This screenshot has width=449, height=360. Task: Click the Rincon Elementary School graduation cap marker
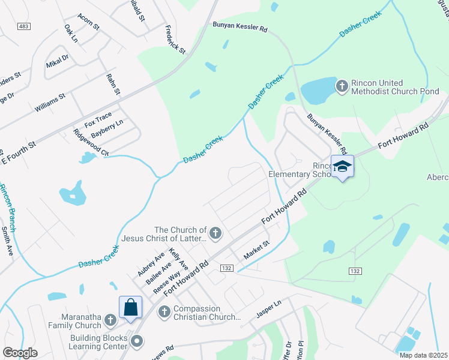tap(342, 166)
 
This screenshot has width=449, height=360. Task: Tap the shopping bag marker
tap(130, 307)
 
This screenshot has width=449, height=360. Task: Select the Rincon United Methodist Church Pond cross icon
tap(342, 86)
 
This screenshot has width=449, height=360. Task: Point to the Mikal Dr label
tap(58, 61)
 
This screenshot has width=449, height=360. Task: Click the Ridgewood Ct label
tap(91, 143)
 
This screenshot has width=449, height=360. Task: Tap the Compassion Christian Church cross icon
tap(163, 310)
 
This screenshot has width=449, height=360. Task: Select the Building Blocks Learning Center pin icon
tap(137, 341)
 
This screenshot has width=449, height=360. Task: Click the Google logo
tap(20, 352)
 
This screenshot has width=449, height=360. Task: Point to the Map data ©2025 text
tap(423, 355)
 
